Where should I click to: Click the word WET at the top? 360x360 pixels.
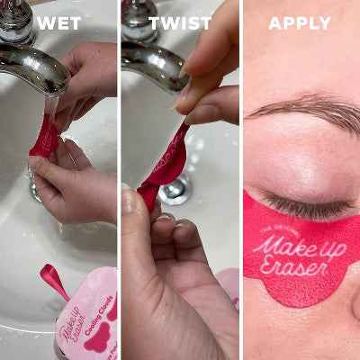[x=58, y=22]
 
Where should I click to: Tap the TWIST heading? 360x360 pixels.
[x=180, y=22]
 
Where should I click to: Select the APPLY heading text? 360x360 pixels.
[x=300, y=22]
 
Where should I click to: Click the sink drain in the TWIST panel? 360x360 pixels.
[x=173, y=189]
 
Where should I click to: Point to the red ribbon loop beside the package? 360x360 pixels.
[x=53, y=280]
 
